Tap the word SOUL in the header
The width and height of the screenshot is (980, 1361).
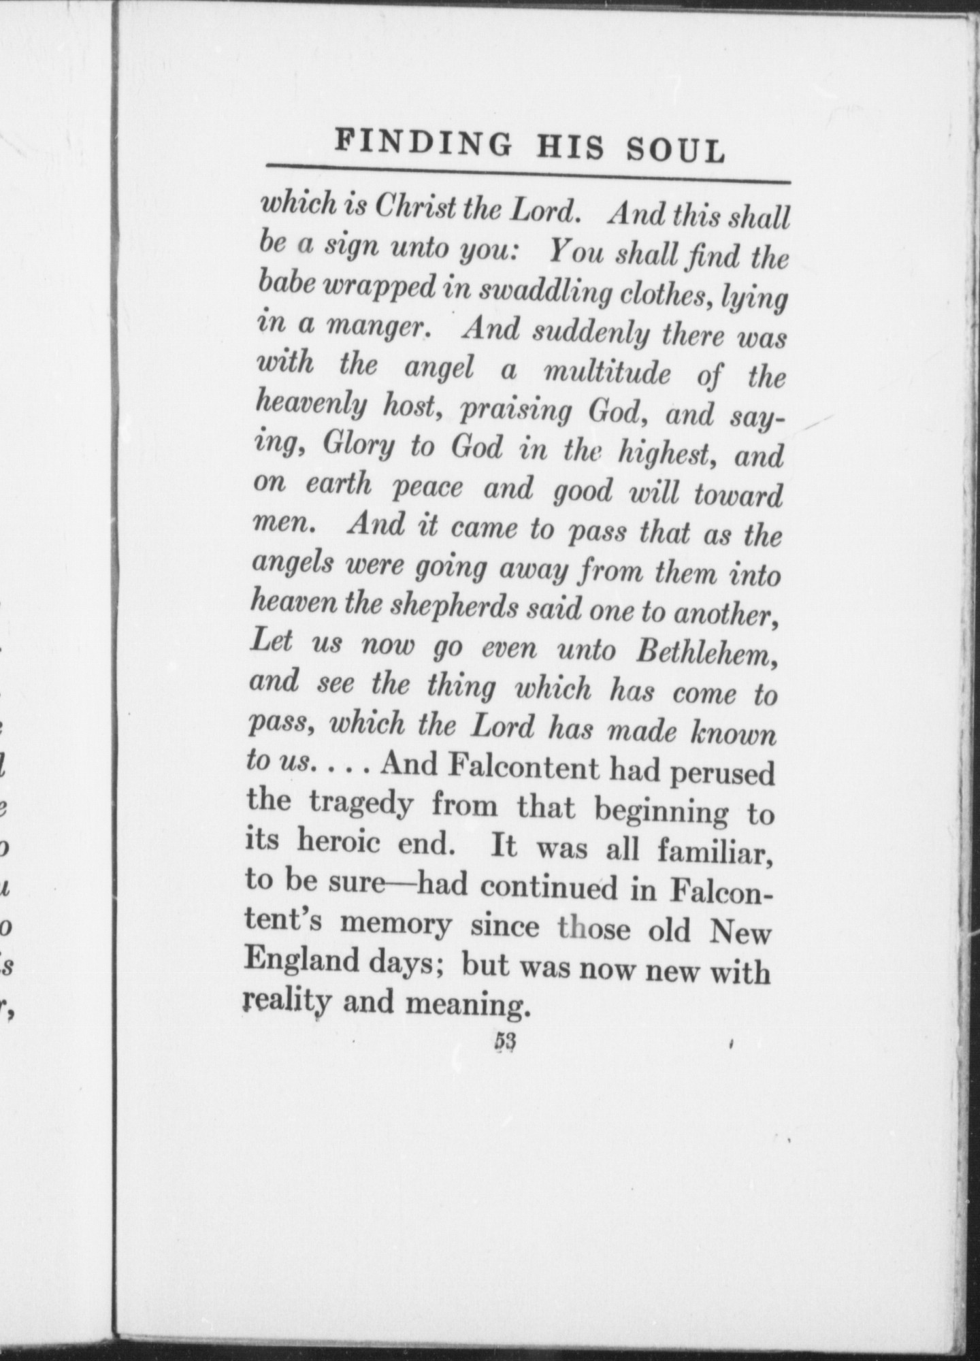(676, 150)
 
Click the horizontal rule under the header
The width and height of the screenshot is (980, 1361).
(527, 174)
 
